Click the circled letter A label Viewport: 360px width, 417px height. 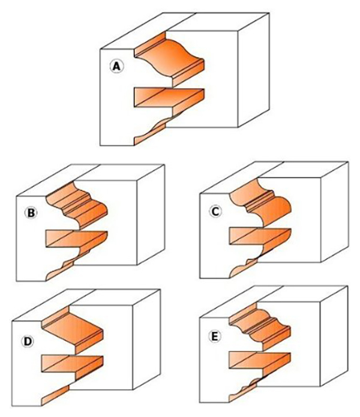coord(117,66)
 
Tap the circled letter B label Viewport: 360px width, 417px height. coord(31,213)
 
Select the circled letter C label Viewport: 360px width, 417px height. coord(215,212)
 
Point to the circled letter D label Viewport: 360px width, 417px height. coord(28,341)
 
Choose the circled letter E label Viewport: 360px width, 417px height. coord(215,337)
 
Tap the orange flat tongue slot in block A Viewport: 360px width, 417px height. coord(169,98)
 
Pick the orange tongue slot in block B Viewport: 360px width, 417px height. coord(77,239)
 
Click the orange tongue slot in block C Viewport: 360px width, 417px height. coord(260,236)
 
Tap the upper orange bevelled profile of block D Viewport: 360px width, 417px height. coord(73,330)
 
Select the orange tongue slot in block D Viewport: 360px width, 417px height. coord(73,364)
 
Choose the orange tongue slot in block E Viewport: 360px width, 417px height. coord(259,361)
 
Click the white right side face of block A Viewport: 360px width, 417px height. coord(253,70)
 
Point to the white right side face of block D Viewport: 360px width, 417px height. coord(146,340)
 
